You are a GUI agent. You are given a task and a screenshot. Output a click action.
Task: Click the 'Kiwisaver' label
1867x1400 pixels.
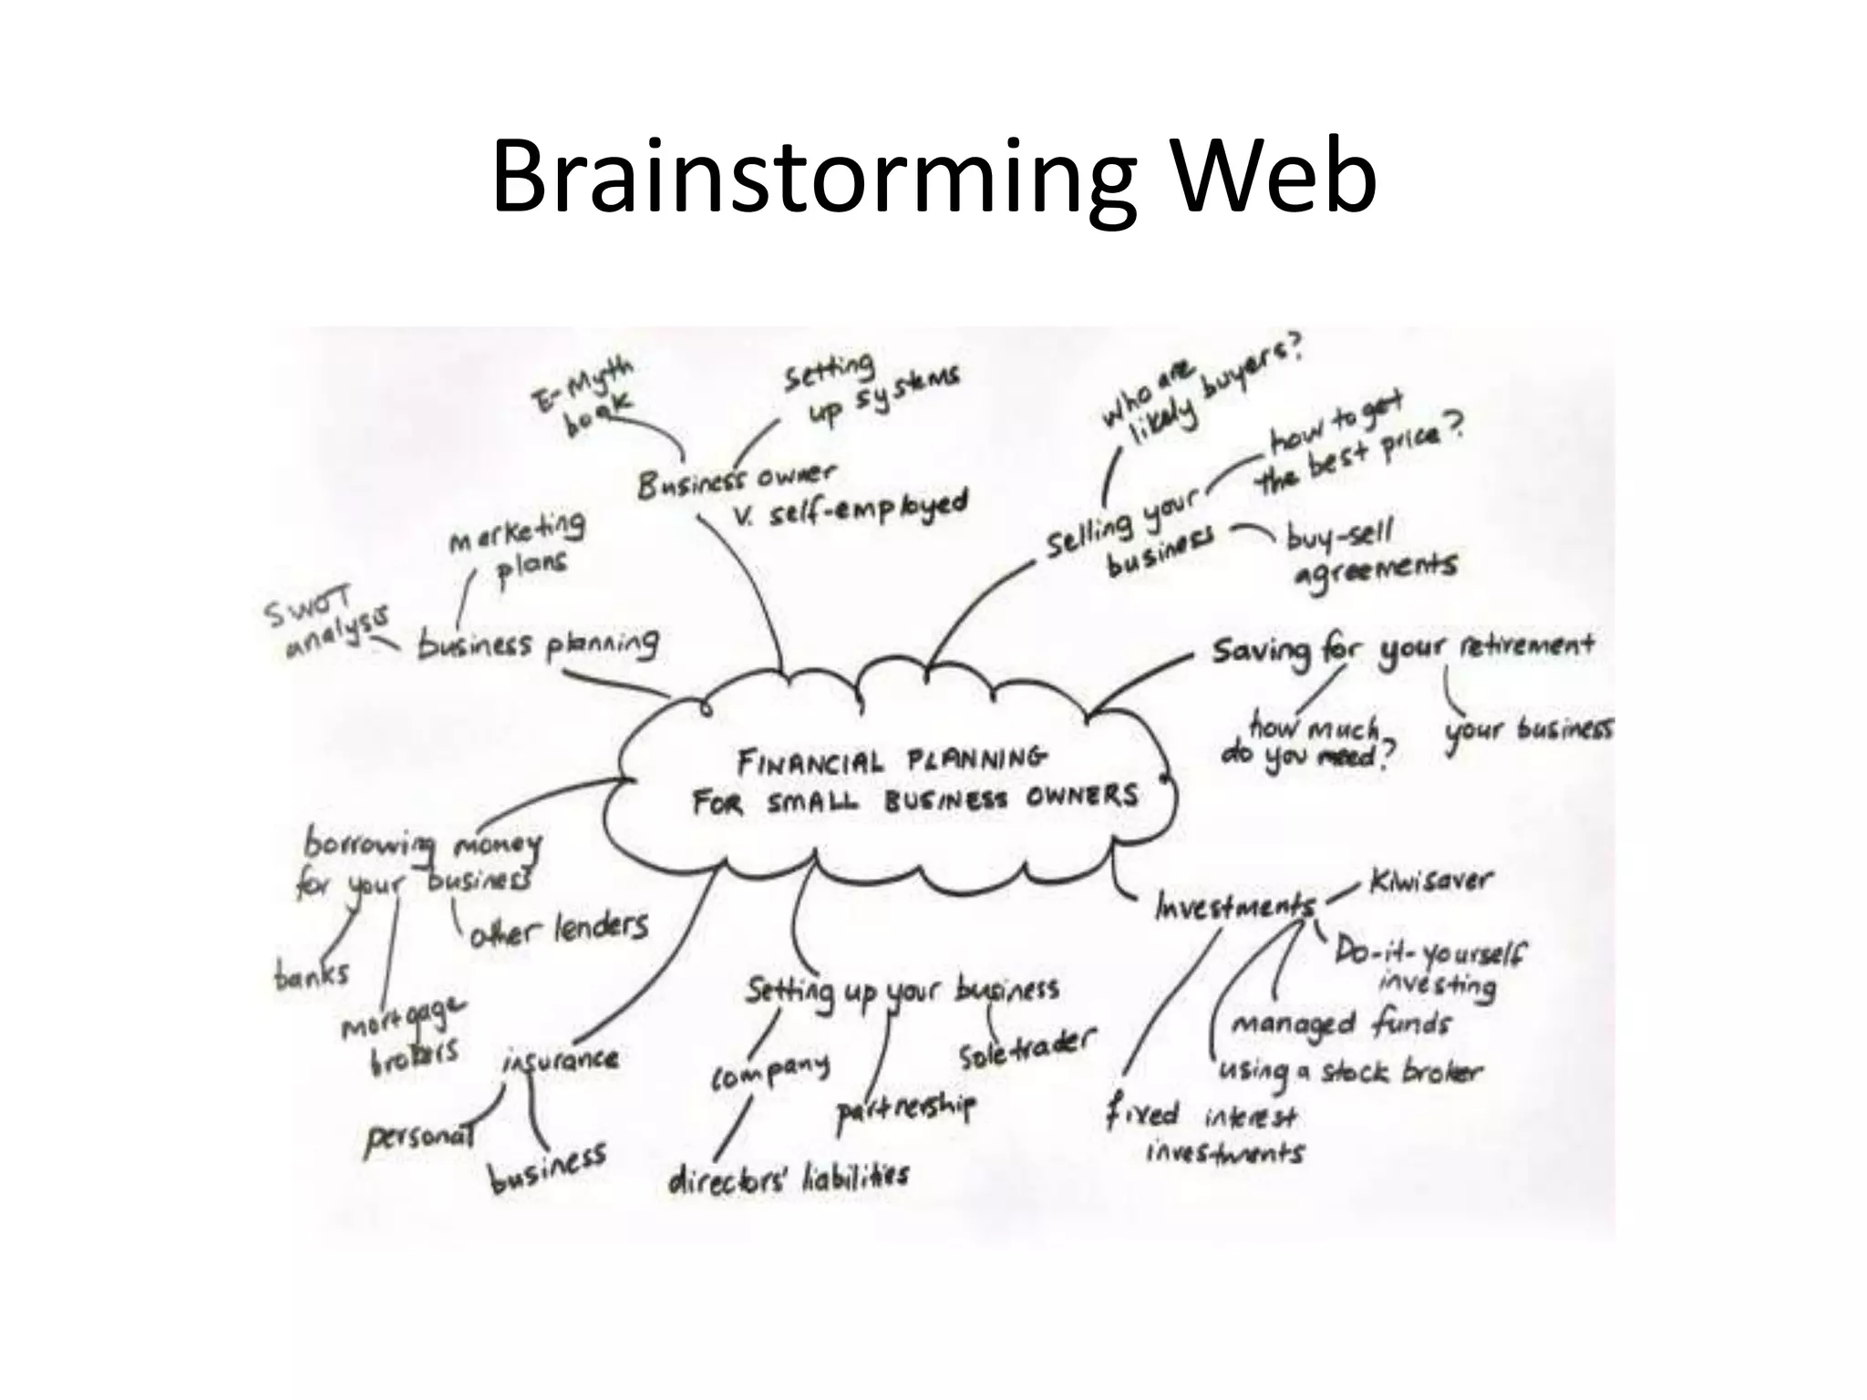pyautogui.click(x=1429, y=882)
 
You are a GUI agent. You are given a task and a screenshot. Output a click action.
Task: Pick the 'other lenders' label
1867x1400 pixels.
pyautogui.click(x=558, y=929)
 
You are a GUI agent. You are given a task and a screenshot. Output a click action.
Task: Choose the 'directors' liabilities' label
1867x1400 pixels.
pyautogui.click(x=789, y=1178)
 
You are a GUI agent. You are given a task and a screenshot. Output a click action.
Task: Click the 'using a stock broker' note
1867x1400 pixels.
pyautogui.click(x=1349, y=1073)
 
